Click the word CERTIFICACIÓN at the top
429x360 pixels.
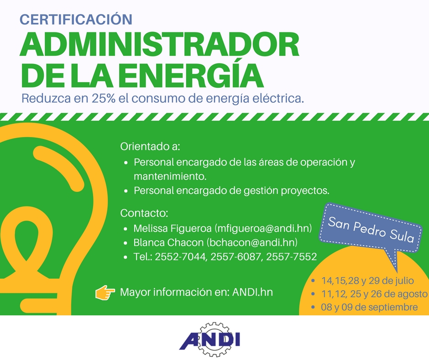76,19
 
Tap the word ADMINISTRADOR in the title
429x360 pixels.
160,45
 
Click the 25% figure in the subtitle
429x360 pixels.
104,98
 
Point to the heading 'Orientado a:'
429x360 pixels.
150,146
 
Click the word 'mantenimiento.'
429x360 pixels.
170,176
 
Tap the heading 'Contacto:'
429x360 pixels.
144,213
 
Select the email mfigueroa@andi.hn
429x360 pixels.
263,228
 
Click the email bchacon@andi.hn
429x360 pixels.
252,243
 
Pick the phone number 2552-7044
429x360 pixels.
180,257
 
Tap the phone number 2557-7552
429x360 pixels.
291,257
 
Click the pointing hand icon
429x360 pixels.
105,292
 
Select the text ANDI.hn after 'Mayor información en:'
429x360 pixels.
252,292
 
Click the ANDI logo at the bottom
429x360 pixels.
210,339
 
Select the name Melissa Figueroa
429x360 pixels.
173,228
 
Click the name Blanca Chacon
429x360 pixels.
168,243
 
